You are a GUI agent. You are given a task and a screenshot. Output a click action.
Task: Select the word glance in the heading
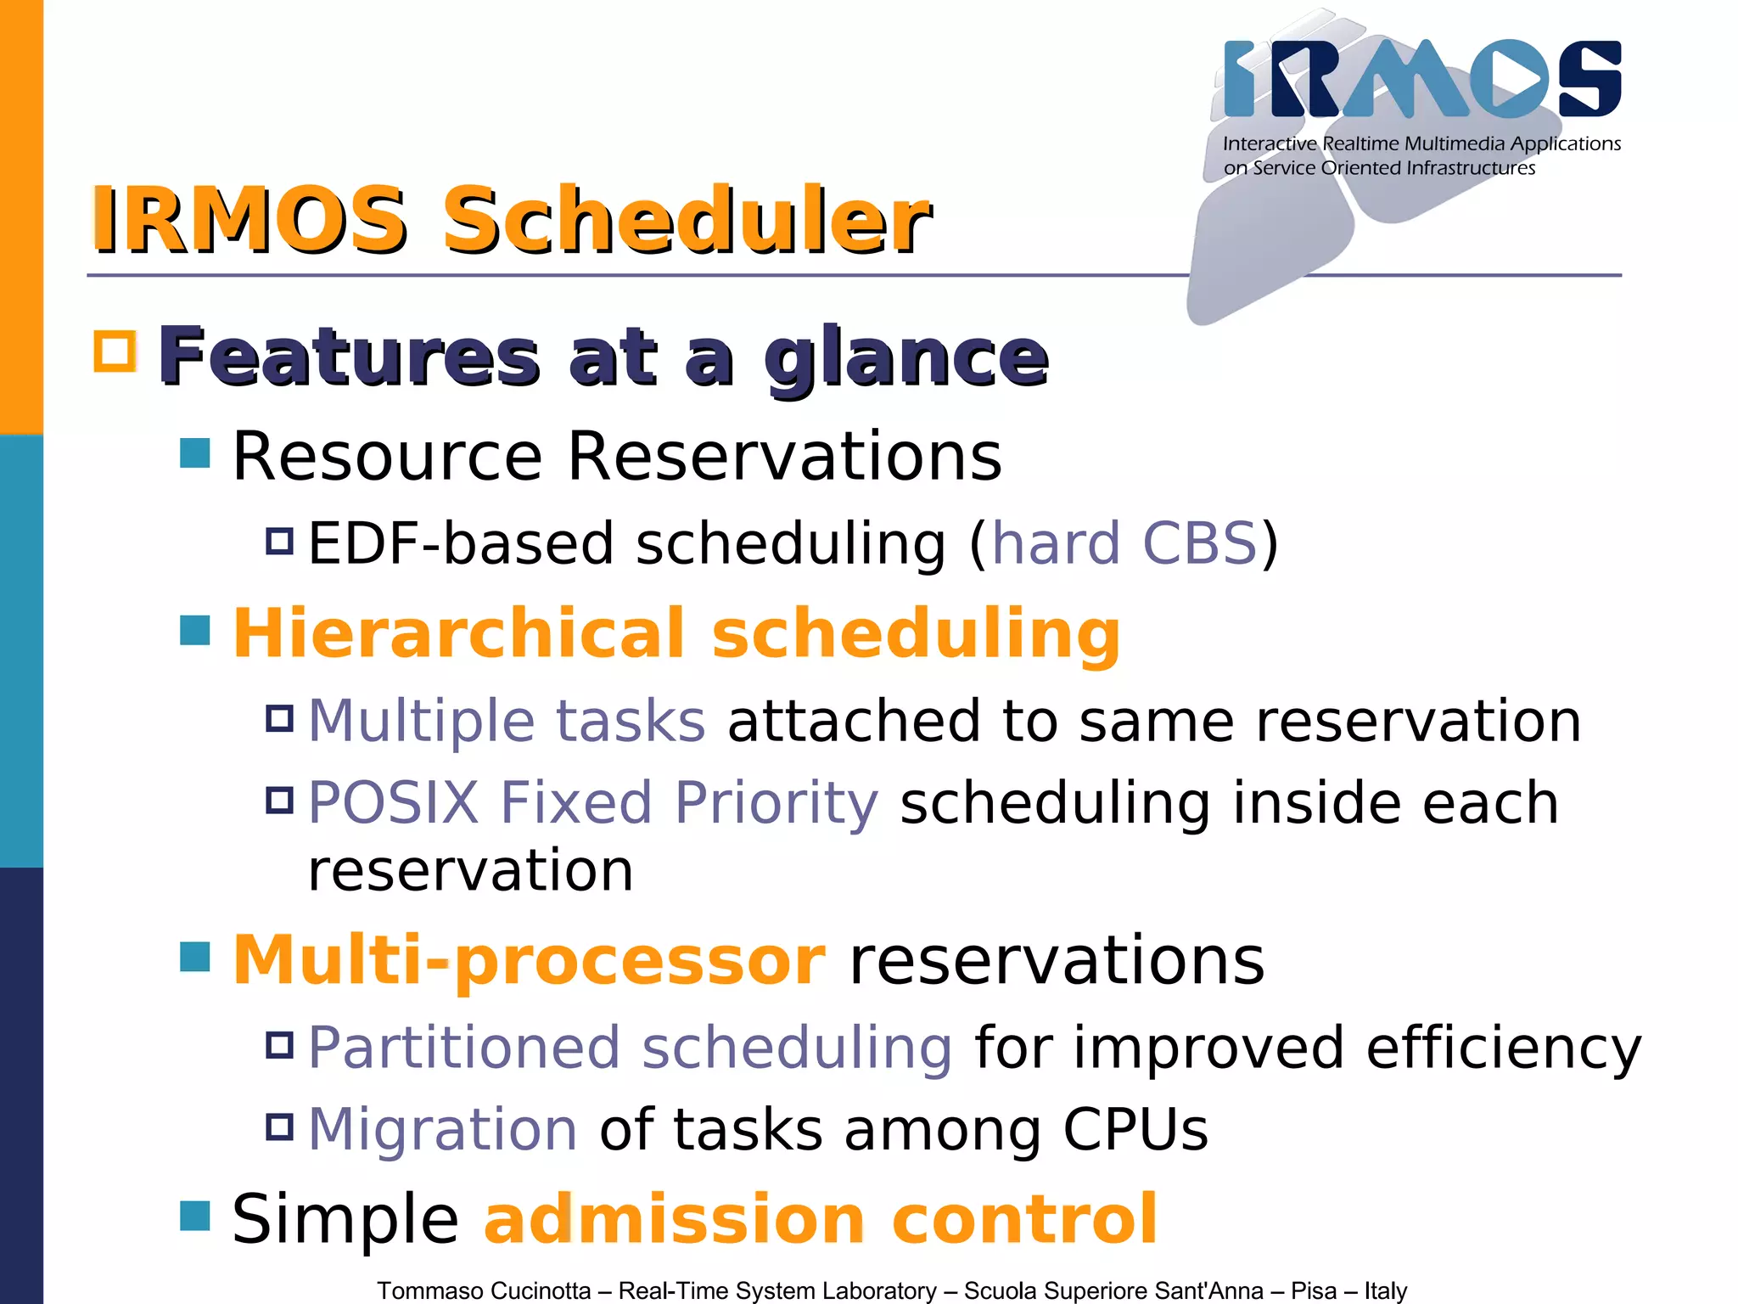905,358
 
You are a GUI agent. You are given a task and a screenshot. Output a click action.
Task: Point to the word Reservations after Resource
784,456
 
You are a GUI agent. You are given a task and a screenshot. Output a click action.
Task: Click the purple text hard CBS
1124,543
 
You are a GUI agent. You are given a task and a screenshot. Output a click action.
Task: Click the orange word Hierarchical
458,633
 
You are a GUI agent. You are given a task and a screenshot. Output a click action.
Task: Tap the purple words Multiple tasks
507,721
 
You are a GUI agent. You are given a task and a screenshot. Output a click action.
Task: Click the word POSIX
394,802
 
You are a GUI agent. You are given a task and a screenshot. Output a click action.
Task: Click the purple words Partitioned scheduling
630,1048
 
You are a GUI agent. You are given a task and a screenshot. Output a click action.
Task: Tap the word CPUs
1135,1130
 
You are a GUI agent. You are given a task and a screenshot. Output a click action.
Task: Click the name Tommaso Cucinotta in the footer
484,1290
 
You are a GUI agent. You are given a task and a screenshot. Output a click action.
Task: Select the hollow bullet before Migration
279,1127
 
